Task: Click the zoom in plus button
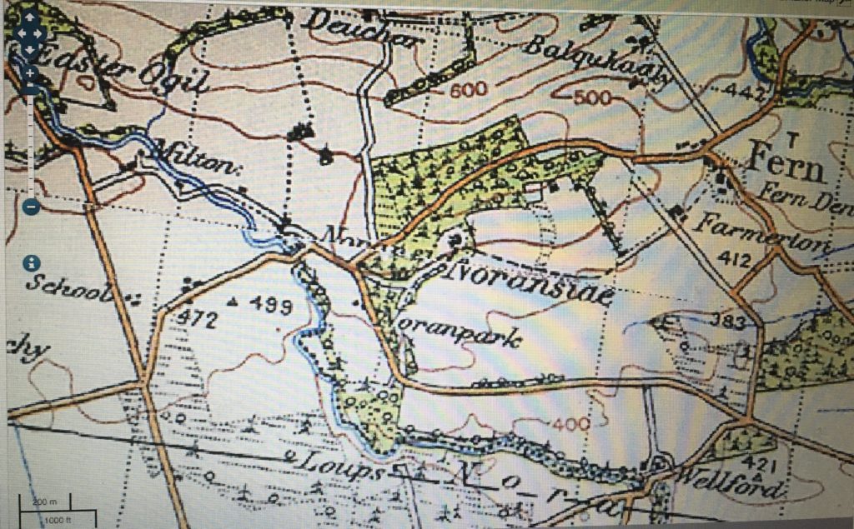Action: coord(30,72)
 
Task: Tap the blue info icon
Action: coord(33,263)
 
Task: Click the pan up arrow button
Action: coord(30,17)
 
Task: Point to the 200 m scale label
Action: coord(43,502)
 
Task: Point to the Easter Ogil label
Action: coord(108,72)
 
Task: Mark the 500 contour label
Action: coord(593,98)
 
